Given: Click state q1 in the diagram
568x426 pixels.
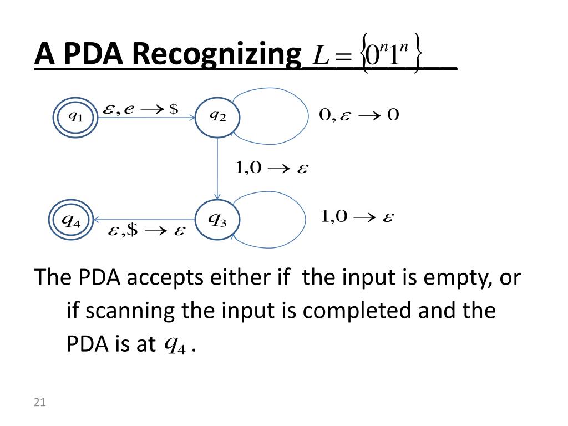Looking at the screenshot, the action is (74, 117).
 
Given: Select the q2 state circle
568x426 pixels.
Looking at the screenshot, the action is (217, 117).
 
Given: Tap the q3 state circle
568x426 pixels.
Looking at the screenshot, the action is (217, 221).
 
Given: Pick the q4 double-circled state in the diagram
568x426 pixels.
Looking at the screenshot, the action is (70, 221).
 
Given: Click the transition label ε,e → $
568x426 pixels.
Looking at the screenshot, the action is (141, 109).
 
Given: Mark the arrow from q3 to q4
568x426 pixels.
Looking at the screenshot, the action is (144, 220).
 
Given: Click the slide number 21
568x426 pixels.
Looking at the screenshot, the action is (39, 403).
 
